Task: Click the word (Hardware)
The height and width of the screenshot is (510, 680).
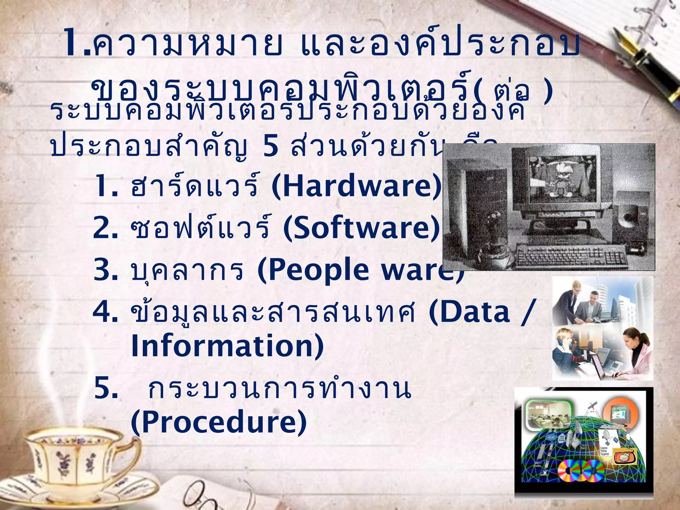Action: point(357,187)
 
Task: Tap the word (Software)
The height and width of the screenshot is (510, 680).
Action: point(361,228)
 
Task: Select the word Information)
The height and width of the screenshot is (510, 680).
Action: point(227,346)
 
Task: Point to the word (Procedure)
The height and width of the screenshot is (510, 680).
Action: point(219,422)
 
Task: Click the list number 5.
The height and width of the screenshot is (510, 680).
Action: point(106,388)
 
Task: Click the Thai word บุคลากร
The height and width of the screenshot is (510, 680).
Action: point(187,271)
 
